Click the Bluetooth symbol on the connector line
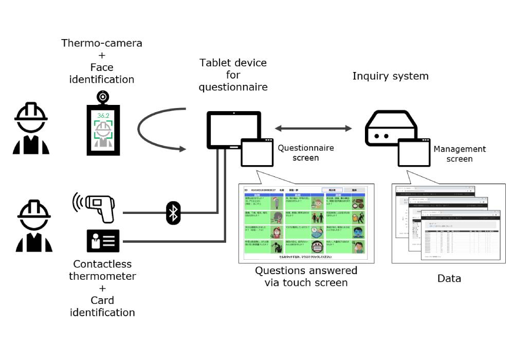[173, 212]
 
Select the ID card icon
[103, 241]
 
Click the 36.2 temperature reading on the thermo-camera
[103, 116]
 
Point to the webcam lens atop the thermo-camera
[103, 96]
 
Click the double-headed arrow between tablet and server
[314, 129]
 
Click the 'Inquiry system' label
[390, 76]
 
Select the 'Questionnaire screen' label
[306, 153]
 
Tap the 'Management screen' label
[460, 154]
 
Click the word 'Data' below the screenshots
[449, 279]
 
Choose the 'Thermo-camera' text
[102, 43]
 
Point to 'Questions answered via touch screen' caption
[306, 276]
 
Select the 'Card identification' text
[102, 306]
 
